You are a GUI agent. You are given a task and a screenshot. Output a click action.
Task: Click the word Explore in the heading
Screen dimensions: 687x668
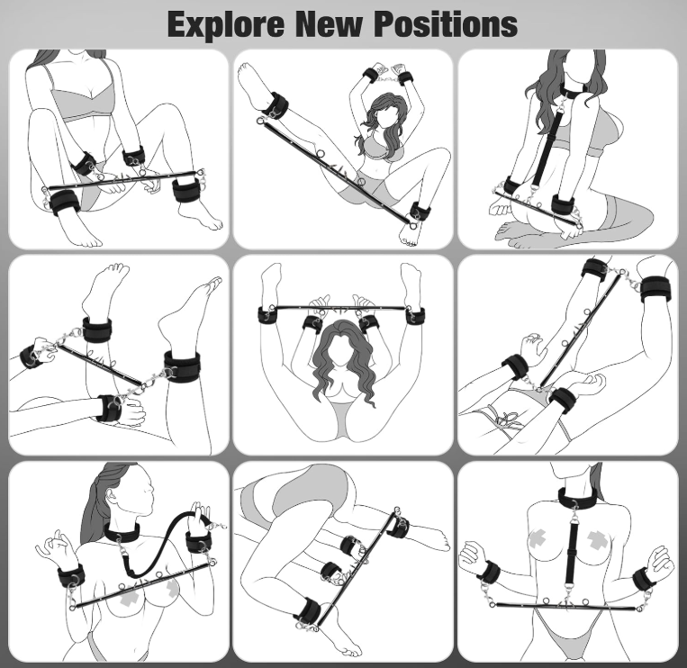[226, 25]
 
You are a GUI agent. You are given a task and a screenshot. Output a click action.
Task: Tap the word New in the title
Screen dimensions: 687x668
[329, 24]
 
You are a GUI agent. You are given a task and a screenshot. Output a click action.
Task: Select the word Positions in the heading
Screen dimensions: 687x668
[446, 24]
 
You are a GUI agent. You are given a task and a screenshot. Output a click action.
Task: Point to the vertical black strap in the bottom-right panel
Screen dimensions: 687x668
[571, 554]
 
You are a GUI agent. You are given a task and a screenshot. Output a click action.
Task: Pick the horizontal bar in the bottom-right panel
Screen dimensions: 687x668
[566, 606]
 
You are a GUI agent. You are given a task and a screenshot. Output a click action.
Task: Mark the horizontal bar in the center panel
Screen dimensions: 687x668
[341, 308]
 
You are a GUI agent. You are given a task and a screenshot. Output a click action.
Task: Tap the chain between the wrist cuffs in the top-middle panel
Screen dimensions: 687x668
[388, 80]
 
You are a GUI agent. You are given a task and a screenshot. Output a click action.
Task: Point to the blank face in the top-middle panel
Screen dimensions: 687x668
[385, 115]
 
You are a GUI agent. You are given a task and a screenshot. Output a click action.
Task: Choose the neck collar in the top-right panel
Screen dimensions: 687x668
[574, 91]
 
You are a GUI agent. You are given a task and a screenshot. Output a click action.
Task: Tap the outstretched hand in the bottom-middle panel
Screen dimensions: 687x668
[432, 537]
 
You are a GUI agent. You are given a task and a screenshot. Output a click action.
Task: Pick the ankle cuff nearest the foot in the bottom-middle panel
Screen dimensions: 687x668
[308, 610]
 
